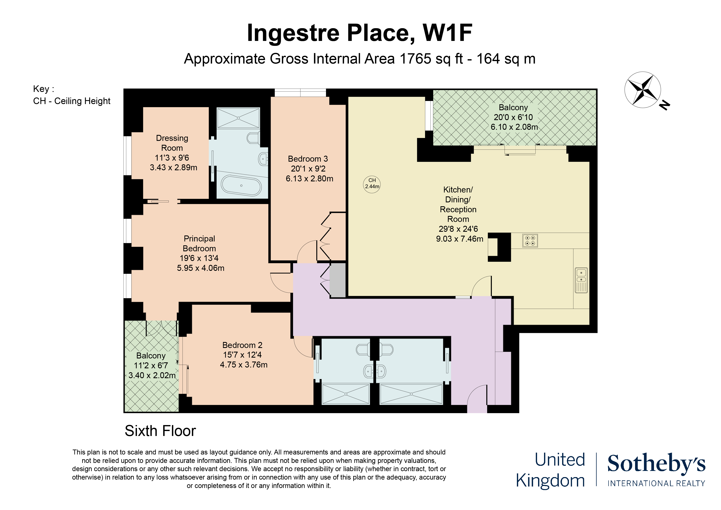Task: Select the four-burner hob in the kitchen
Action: [530, 241]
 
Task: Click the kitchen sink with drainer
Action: [581, 280]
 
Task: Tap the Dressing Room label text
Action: [172, 143]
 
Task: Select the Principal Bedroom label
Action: [199, 243]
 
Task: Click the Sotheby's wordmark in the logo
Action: [656, 464]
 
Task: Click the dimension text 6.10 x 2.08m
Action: [514, 127]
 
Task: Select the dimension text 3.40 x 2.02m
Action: [152, 375]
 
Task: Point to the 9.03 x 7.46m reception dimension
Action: [459, 239]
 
